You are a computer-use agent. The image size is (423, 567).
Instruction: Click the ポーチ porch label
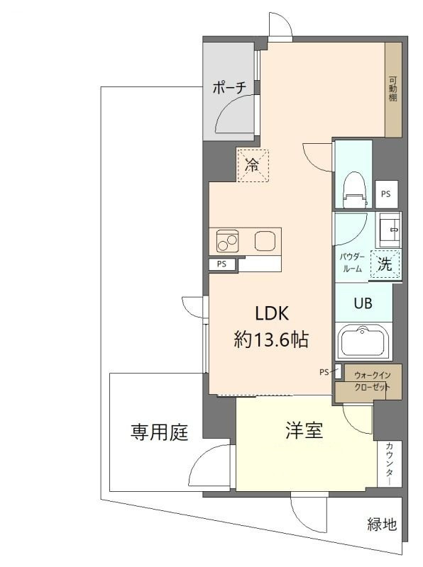coord(230,87)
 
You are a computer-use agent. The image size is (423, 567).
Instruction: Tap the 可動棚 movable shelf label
coord(393,89)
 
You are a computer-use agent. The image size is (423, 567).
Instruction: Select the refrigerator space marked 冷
coord(253,166)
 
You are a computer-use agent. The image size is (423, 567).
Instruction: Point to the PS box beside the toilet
coord(386,194)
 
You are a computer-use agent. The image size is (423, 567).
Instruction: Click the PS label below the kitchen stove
coord(221,264)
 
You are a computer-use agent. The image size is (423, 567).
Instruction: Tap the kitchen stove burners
coord(227,241)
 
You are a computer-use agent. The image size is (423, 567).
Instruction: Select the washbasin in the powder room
coord(390,227)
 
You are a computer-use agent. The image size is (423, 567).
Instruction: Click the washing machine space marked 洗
coord(385,264)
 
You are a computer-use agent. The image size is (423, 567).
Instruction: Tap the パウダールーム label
coord(352,263)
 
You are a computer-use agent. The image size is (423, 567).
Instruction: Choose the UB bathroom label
coord(363,303)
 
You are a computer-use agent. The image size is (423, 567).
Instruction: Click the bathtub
coord(363,342)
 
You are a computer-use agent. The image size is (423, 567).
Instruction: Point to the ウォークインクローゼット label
coord(373,381)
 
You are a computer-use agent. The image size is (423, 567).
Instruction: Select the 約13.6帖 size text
coord(271,339)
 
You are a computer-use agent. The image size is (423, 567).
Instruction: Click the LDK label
coord(272,313)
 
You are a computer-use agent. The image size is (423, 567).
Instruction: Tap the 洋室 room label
coord(304,430)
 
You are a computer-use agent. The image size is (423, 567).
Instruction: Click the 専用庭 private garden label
coord(160,432)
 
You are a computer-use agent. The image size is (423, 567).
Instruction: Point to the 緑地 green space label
coord(382,524)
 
